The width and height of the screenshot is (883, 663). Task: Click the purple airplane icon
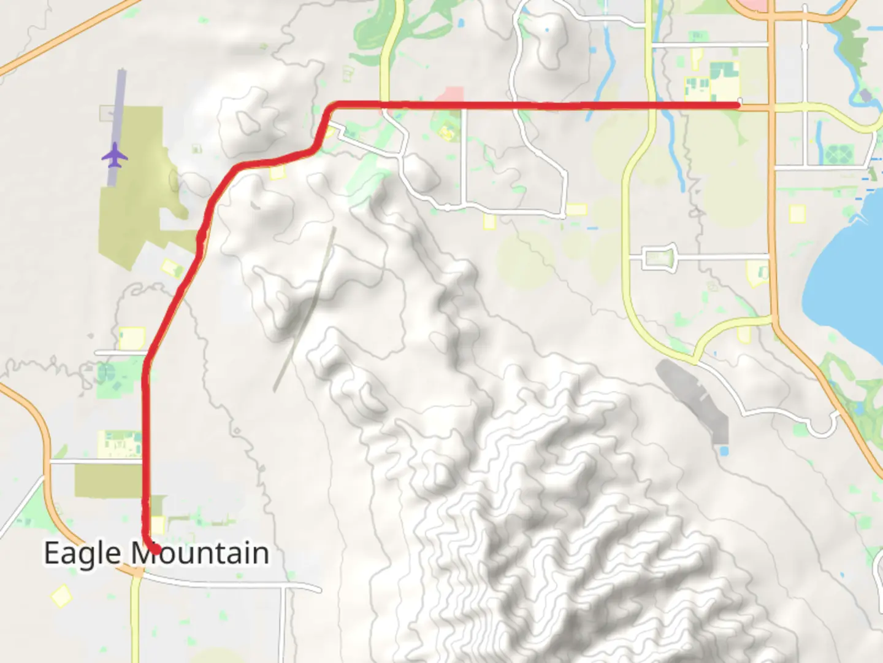click(115, 155)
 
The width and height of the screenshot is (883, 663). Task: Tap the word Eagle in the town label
click(82, 553)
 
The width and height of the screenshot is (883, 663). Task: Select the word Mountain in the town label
click(201, 553)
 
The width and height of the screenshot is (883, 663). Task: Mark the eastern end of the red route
click(738, 106)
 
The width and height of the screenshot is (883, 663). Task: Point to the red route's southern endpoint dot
click(156, 549)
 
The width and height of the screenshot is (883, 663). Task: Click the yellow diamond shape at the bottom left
click(61, 596)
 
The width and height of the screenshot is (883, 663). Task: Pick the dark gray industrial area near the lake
click(696, 399)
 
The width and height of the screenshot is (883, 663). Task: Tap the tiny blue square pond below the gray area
click(724, 451)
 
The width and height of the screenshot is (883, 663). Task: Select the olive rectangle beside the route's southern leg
click(107, 481)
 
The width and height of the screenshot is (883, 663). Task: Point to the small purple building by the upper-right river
click(865, 95)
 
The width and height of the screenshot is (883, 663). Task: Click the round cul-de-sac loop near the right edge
click(823, 424)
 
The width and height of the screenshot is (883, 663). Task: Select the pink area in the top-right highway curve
click(751, 5)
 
